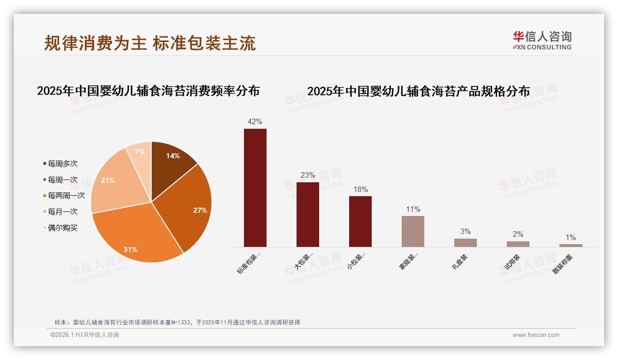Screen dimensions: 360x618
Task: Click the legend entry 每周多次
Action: (62, 164)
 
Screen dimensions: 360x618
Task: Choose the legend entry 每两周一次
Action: (66, 196)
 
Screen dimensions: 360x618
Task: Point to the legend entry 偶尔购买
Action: (62, 228)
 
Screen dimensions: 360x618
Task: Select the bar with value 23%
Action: (308, 215)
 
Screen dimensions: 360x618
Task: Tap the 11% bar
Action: (413, 231)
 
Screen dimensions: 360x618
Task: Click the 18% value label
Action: (360, 190)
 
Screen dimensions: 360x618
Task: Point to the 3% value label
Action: (465, 232)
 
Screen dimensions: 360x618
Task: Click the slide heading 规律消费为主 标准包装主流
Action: (150, 43)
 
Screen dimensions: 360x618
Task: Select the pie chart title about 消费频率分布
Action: (148, 91)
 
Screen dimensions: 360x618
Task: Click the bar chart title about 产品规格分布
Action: (418, 91)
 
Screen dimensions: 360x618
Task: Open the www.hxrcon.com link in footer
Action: (536, 335)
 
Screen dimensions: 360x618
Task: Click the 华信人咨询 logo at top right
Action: (542, 40)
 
